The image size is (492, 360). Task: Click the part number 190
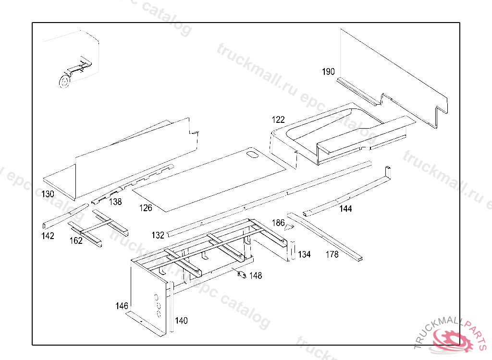[328, 72]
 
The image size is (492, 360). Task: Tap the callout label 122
[278, 120]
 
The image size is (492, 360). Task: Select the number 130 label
[48, 194]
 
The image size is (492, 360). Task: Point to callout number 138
[115, 202]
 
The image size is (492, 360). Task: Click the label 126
[146, 208]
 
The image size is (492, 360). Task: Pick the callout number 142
[48, 236]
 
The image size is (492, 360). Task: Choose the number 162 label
[76, 241]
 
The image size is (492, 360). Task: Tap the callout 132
[158, 235]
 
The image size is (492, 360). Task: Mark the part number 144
[345, 209]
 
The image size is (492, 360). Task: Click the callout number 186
[279, 223]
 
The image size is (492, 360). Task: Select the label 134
[305, 254]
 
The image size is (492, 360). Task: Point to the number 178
[332, 254]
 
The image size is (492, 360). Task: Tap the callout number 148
[256, 276]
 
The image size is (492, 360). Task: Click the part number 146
[122, 306]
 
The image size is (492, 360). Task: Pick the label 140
[181, 321]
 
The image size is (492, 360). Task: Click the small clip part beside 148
[242, 275]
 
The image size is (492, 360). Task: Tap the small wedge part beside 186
[290, 227]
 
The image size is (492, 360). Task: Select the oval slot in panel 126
[252, 155]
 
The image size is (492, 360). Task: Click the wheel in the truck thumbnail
[63, 82]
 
